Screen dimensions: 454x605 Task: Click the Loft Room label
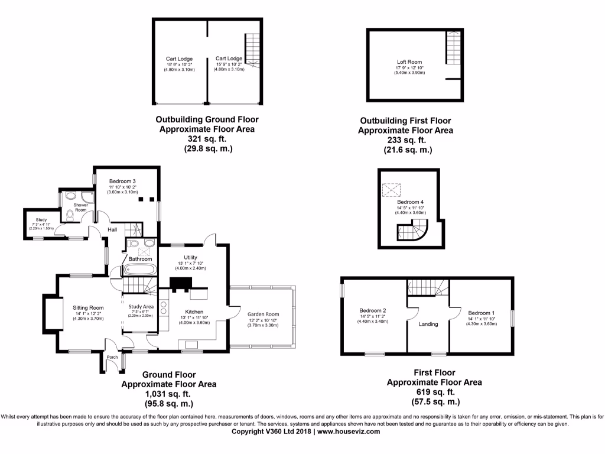tap(409, 61)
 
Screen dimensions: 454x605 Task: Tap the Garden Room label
tap(263, 314)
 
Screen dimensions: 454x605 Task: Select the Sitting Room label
tap(88, 307)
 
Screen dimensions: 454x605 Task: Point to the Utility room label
tap(190, 258)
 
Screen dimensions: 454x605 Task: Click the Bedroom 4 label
tap(411, 202)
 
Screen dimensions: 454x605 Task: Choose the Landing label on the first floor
tap(428, 324)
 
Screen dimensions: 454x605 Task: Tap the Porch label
tap(112, 357)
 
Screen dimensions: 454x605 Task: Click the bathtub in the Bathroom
tap(140, 270)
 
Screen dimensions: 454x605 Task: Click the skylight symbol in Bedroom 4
tap(391, 190)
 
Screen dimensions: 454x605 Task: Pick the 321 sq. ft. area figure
tap(207, 138)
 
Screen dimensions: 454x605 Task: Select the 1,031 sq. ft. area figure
tap(168, 394)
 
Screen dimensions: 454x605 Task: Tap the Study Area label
tap(141, 306)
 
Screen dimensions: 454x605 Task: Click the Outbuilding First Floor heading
tap(405, 121)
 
